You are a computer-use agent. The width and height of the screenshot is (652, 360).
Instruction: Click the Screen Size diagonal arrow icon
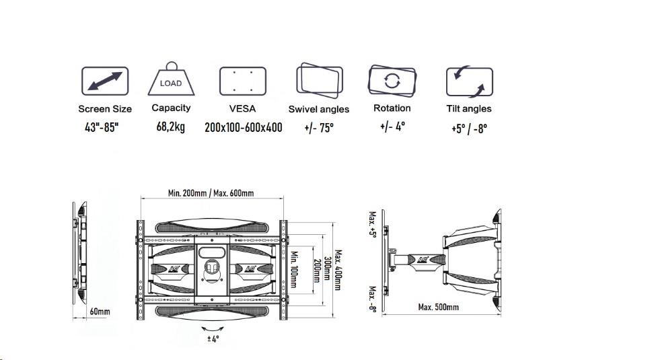pyautogui.click(x=105, y=81)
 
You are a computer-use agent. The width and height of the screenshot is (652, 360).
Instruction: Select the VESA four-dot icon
pyautogui.click(x=243, y=81)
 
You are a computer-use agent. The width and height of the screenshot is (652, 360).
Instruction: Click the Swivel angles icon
pyautogui.click(x=320, y=80)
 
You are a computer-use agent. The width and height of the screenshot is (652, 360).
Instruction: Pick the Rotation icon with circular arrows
pyautogui.click(x=392, y=81)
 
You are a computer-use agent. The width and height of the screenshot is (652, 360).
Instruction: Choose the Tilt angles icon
pyautogui.click(x=470, y=81)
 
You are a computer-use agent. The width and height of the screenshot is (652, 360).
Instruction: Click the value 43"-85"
pyautogui.click(x=102, y=127)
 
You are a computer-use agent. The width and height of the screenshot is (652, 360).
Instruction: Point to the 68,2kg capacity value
pyautogui.click(x=170, y=127)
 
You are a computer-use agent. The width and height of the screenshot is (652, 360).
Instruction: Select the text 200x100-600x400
pyautogui.click(x=244, y=127)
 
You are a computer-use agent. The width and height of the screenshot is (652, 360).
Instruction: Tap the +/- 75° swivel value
pyautogui.click(x=319, y=128)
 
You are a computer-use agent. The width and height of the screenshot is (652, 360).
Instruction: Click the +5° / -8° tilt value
pyautogui.click(x=469, y=129)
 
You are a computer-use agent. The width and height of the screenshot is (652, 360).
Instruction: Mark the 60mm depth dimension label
pyautogui.click(x=100, y=312)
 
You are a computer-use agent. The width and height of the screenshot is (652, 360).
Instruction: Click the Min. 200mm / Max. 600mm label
pyautogui.click(x=211, y=193)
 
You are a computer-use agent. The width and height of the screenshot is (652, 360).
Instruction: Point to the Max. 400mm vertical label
pyautogui.click(x=338, y=271)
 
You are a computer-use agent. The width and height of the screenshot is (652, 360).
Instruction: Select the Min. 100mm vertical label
pyautogui.click(x=294, y=269)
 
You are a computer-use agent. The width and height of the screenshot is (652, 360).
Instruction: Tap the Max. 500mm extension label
pyautogui.click(x=438, y=308)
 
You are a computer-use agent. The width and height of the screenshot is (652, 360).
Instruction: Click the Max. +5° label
pyautogui.click(x=372, y=223)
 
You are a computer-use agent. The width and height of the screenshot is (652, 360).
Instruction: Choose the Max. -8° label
pyautogui.click(x=372, y=299)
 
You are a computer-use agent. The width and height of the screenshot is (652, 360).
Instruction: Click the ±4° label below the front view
pyautogui.click(x=213, y=338)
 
